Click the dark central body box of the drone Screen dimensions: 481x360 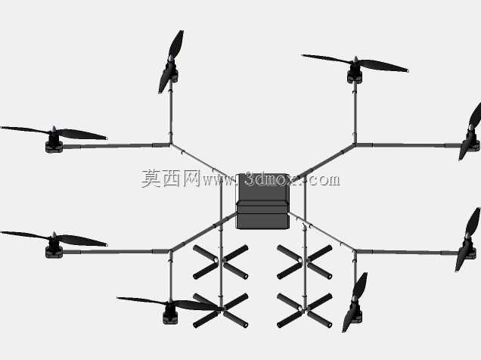[262, 201]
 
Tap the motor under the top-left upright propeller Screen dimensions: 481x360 [172, 73]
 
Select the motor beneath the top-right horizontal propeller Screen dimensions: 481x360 [355, 76]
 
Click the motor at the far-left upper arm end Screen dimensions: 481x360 [54, 144]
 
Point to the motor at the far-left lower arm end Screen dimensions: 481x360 [54, 250]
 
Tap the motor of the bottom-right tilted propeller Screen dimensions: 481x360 [355, 314]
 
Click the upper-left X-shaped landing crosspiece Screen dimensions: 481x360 [221, 262]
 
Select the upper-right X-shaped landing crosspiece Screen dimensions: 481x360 [304, 262]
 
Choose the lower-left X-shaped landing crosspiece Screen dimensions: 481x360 [221, 310]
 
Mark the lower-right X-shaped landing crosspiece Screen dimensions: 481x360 [304, 310]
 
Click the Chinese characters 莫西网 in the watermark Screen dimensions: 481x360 [171, 178]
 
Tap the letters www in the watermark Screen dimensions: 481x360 [219, 181]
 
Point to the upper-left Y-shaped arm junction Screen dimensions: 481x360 [171, 144]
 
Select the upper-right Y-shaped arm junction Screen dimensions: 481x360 [355, 144]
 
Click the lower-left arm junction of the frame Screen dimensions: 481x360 [170, 251]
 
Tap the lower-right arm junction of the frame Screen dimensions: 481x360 [355, 251]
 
